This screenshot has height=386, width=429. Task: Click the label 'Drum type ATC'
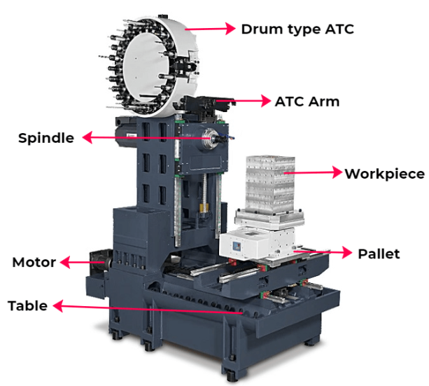pos(297,29)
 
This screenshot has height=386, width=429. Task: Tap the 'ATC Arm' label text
pos(307,102)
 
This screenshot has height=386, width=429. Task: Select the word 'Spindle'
pos(46,138)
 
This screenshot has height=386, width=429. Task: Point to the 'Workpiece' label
pos(384,174)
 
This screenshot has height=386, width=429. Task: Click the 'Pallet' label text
pos(379,254)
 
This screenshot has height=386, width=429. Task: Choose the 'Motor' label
pos(34,262)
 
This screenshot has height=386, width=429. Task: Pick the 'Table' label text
pos(27,305)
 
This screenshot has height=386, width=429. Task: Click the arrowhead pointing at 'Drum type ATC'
pos(230,29)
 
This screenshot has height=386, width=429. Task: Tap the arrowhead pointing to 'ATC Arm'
pos(266,101)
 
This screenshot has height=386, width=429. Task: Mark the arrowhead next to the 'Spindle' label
pos(87,137)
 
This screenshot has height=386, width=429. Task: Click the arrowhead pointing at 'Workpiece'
pos(337,172)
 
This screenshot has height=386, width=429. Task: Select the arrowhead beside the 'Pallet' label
pos(347,252)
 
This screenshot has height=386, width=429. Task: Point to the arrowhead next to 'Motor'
pos(65,262)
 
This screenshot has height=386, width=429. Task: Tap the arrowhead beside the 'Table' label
pos(58,305)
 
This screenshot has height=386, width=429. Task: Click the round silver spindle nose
pos(209,138)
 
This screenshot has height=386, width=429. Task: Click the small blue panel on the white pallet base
pos(236,247)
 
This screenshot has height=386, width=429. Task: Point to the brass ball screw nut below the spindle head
pos(203,207)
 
